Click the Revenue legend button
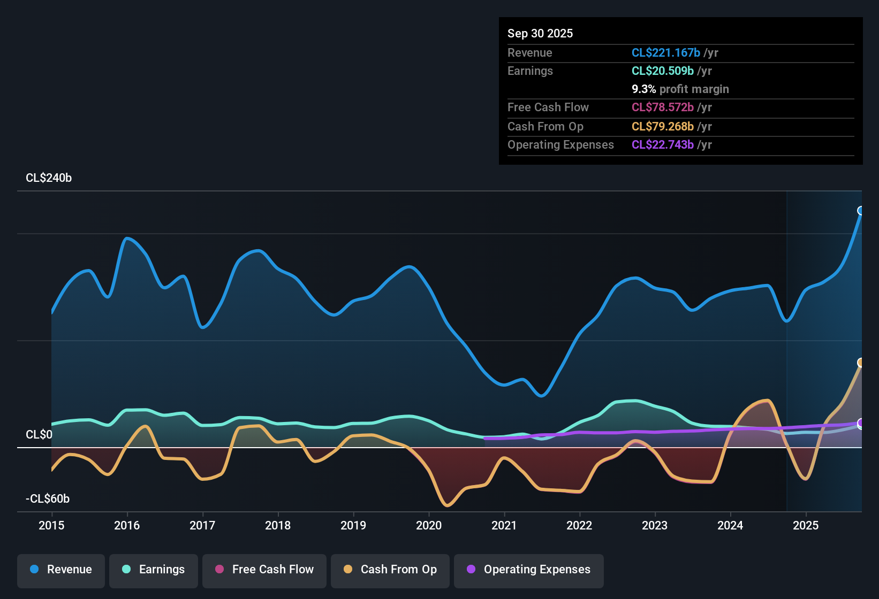click(x=61, y=570)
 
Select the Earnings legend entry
click(x=154, y=570)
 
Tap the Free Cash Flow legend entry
click(x=264, y=570)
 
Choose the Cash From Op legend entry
click(x=390, y=570)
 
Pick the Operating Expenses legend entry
click(x=529, y=570)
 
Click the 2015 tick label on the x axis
click(x=51, y=525)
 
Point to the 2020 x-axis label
click(x=429, y=525)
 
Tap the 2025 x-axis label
click(x=806, y=525)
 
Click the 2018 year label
click(x=278, y=525)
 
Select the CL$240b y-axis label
click(x=49, y=178)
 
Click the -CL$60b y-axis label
click(x=48, y=499)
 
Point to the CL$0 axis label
click(x=39, y=435)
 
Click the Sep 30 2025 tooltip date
click(x=540, y=33)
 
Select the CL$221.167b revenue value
click(x=665, y=52)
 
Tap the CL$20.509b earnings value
click(x=662, y=71)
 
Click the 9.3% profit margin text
click(x=680, y=89)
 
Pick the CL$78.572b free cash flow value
click(x=662, y=107)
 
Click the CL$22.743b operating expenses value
click(x=662, y=145)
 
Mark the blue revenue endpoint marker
click(x=861, y=211)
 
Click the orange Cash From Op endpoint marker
click(x=861, y=363)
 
